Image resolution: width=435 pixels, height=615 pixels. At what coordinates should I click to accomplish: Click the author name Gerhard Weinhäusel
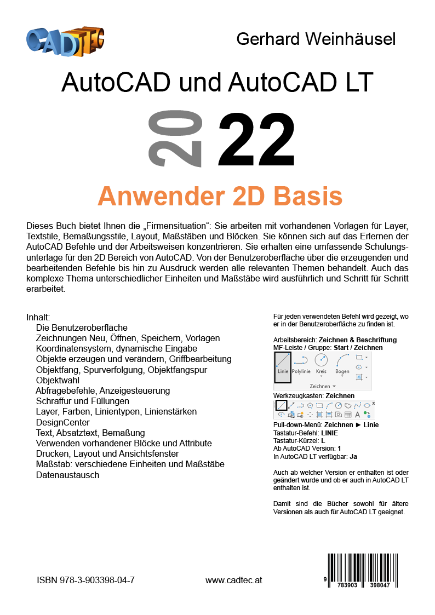point(316,39)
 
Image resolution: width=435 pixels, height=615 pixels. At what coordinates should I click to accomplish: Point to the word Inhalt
point(38,317)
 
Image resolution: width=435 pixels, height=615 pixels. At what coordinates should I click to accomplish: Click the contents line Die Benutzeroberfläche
point(82,327)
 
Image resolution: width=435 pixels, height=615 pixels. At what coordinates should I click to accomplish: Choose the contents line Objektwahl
point(58,380)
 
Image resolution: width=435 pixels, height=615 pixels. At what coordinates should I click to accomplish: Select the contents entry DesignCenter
point(62,422)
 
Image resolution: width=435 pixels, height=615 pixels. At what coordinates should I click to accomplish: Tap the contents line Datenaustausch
point(67,475)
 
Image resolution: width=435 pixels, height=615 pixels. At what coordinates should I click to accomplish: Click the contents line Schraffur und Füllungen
point(82,401)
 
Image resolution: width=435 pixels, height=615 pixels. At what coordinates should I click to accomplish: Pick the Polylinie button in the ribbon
point(301,364)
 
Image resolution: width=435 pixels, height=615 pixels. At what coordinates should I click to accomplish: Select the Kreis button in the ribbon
point(321,364)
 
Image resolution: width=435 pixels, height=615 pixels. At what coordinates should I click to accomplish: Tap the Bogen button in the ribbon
point(342,364)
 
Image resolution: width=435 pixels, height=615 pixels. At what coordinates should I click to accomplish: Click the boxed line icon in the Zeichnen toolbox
point(281,406)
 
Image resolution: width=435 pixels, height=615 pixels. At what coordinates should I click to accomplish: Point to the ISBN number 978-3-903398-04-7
point(86,580)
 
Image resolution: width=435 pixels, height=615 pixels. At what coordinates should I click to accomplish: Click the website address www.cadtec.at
point(234,580)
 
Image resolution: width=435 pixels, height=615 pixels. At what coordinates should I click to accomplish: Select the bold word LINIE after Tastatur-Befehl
point(330,433)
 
